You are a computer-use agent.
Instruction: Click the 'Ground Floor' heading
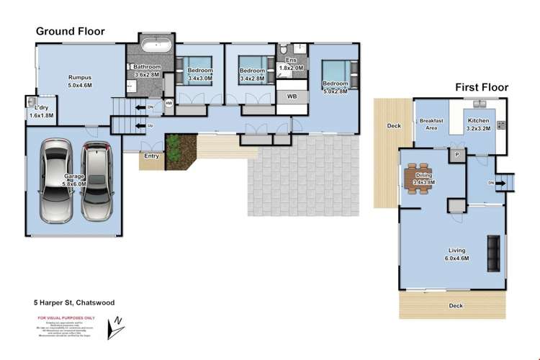(x=71, y=32)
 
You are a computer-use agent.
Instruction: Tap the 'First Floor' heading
(x=481, y=87)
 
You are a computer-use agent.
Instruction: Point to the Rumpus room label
(x=79, y=80)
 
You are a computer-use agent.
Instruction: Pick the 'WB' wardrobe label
(x=292, y=96)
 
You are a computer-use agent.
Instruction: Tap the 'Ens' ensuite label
(x=291, y=61)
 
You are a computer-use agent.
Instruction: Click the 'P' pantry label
(x=456, y=154)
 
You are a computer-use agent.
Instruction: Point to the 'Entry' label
(x=151, y=156)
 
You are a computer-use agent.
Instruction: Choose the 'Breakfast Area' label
(x=430, y=125)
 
